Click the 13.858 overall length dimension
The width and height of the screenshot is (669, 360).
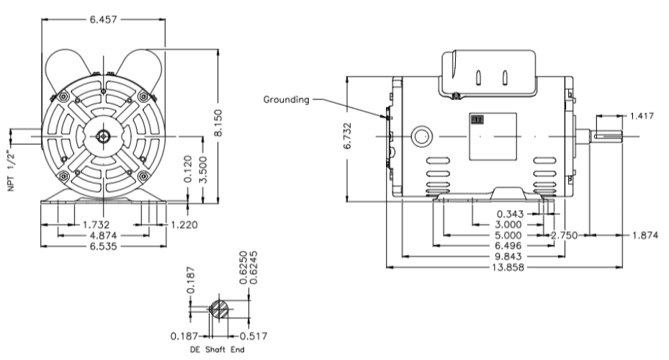pyautogui.click(x=503, y=266)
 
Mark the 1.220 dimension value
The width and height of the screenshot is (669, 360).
pyautogui.click(x=184, y=225)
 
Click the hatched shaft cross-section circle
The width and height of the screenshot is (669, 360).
pyautogui.click(x=220, y=310)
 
